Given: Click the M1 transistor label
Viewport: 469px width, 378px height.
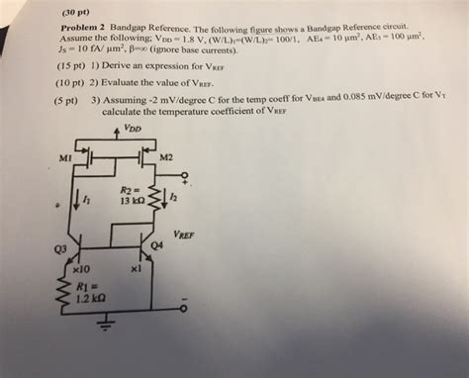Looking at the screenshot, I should tap(65, 158).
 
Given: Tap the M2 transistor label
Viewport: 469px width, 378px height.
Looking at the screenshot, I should tap(166, 158).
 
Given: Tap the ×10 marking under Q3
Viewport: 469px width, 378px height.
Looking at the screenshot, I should tap(83, 269).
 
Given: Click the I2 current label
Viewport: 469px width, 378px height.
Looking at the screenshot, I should tap(172, 199).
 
